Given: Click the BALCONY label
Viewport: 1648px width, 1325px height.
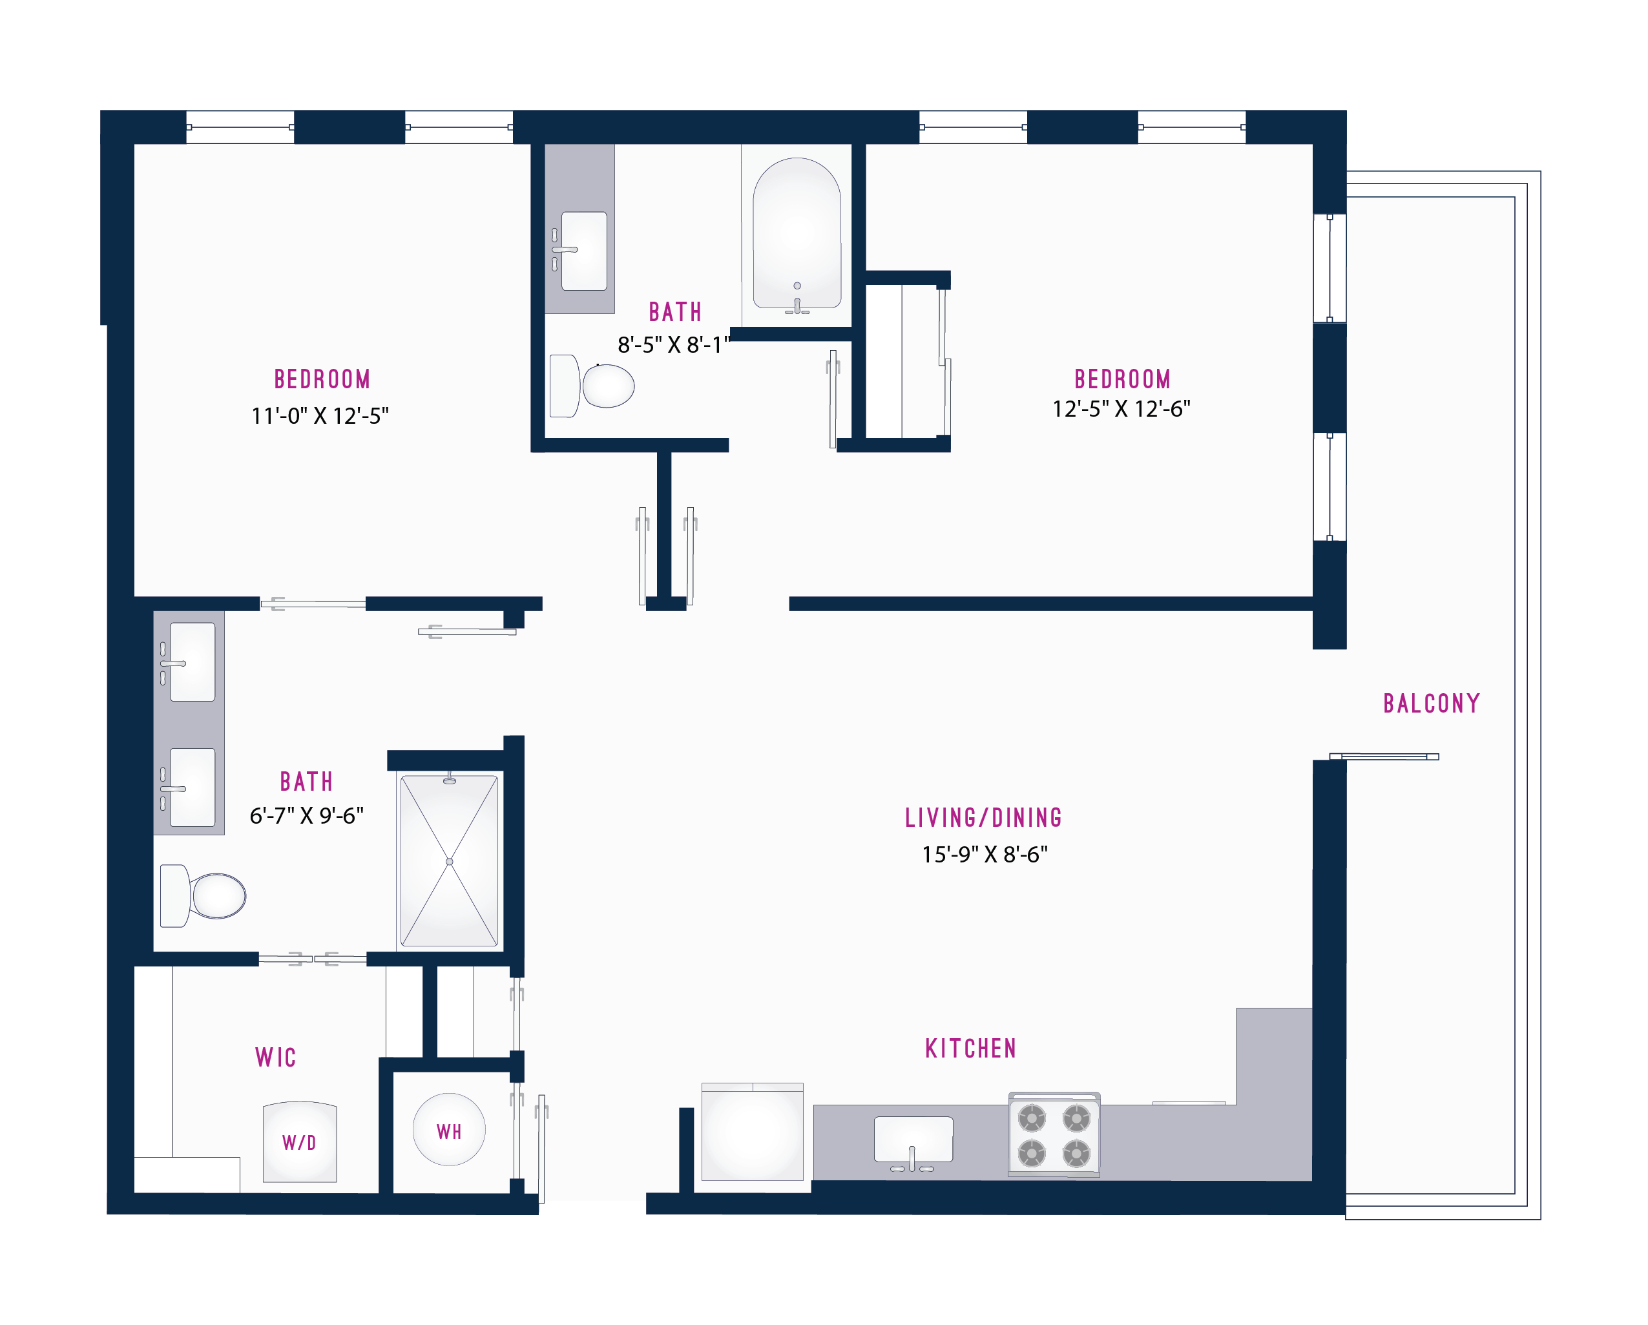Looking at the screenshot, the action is (1432, 704).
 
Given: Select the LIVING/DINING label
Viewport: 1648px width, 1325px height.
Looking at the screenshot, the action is (984, 817).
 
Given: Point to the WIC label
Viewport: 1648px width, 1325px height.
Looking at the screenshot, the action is (275, 1058).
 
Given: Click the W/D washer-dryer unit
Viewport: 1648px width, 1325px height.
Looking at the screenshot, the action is (300, 1142).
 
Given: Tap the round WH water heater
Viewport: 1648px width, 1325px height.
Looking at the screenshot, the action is (449, 1129).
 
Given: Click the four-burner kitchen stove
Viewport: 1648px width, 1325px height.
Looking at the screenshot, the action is (1054, 1134).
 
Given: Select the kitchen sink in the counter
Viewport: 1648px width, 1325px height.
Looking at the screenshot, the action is (913, 1142).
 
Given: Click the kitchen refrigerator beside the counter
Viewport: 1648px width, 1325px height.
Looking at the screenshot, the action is (752, 1132).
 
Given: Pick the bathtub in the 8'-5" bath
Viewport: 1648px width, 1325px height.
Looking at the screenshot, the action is (797, 235).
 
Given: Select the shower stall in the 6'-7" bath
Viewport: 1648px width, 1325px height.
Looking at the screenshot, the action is (450, 861).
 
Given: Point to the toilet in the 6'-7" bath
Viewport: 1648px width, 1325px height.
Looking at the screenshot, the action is (203, 895).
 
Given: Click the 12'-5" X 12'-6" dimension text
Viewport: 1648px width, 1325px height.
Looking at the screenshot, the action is (1121, 409).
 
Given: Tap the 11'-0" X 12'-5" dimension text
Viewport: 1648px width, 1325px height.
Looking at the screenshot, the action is (320, 416).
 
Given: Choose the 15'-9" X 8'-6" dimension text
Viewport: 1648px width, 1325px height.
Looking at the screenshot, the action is (985, 854).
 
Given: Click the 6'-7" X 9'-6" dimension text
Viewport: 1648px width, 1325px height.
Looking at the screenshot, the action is (306, 816).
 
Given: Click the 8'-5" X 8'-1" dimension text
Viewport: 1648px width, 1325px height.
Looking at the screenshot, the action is (673, 345).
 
